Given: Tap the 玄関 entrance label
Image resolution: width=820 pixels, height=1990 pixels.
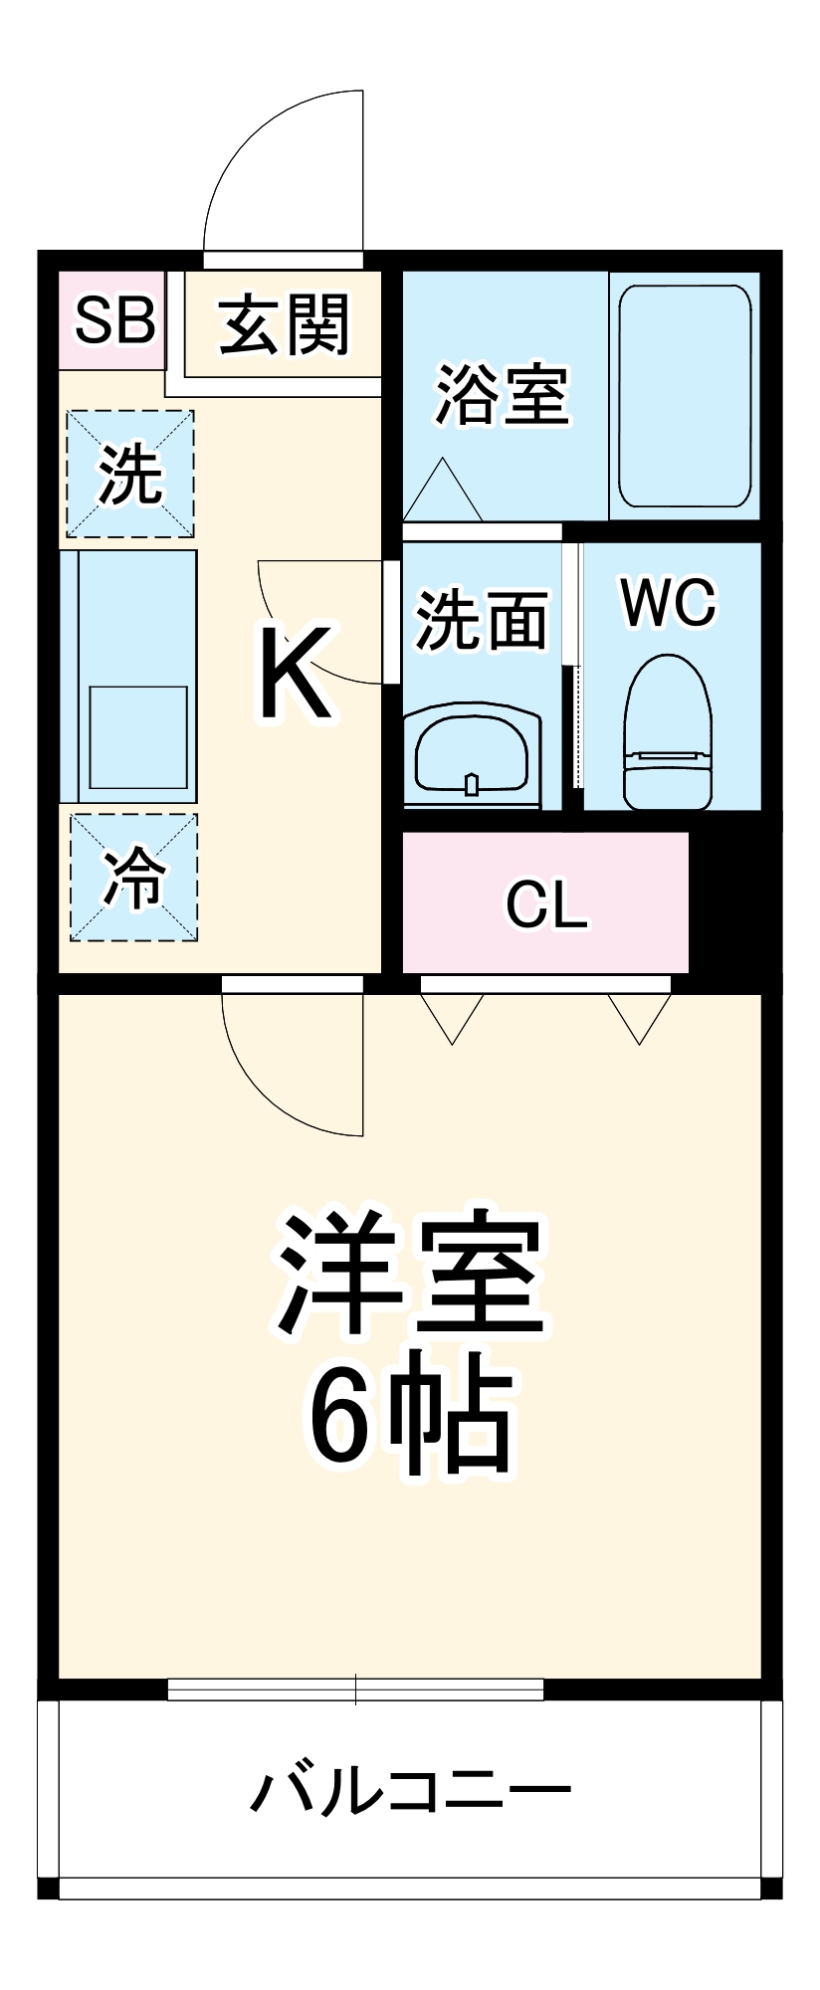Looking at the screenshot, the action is (x=285, y=323).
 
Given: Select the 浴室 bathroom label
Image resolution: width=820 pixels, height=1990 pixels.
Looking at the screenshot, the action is (x=503, y=395).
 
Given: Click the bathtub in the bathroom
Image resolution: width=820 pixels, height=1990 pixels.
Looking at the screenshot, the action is (x=685, y=396).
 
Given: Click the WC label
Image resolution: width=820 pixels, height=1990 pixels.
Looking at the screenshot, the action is (x=668, y=602).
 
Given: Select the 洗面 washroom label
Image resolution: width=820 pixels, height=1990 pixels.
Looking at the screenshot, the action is (x=482, y=621).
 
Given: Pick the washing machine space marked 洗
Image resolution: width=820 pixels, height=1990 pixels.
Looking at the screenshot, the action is (x=130, y=475).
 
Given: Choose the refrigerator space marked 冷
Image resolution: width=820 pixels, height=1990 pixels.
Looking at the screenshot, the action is (x=133, y=878).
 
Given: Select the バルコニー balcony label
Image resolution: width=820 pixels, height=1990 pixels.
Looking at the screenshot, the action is (x=410, y=1791).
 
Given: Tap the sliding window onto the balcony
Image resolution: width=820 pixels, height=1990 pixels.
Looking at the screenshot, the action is (x=355, y=1689).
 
